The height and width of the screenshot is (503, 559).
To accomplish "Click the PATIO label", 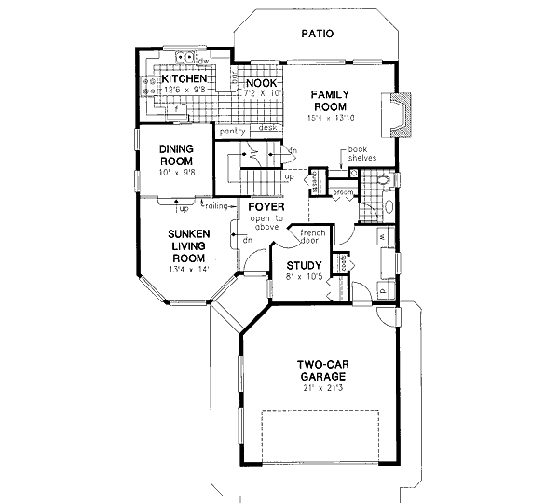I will (319, 35).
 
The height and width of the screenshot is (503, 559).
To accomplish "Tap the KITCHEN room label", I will (184, 79).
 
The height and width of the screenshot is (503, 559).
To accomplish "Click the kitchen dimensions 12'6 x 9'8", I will (182, 91).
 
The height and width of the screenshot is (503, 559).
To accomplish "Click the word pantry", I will (233, 132).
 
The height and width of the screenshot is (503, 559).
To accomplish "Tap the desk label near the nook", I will (268, 128).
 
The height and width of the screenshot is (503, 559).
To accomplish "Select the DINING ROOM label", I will (175, 155).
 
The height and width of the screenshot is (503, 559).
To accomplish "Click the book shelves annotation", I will (362, 154).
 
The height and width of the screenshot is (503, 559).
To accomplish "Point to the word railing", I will (218, 203).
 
